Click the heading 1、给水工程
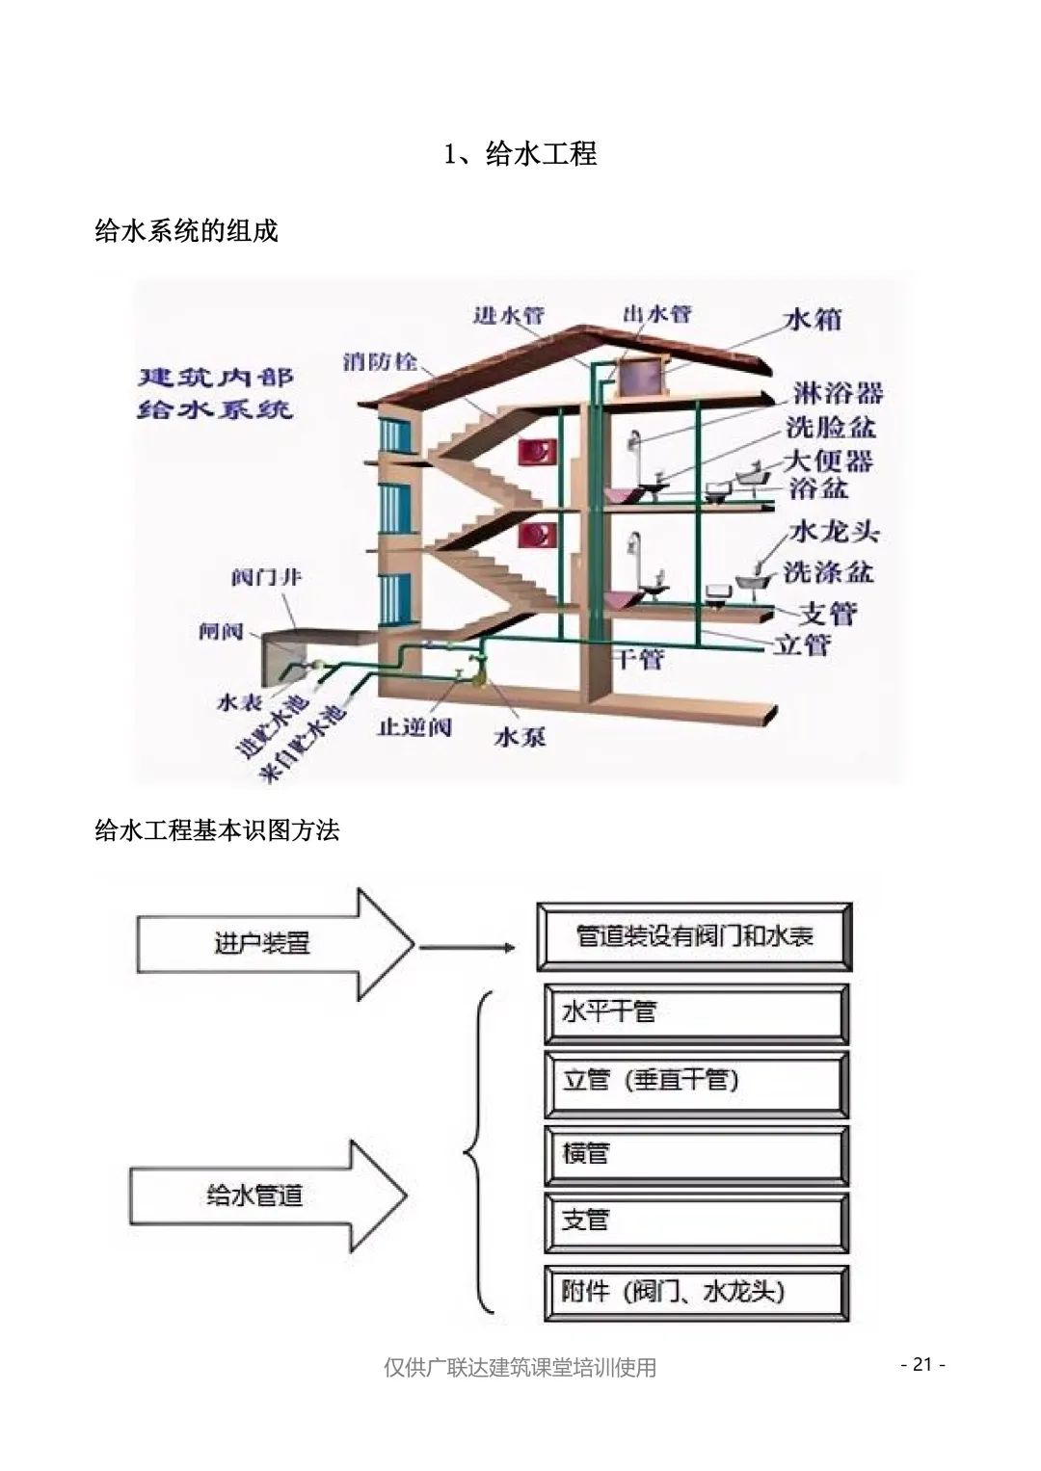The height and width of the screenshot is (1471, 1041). [x=520, y=154]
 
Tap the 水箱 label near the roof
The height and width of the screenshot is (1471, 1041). [x=814, y=319]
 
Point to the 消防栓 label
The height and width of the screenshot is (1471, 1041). [x=381, y=362]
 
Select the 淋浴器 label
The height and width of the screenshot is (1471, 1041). [x=838, y=393]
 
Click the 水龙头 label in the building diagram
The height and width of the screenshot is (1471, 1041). [x=835, y=532]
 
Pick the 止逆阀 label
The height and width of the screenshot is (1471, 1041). [x=414, y=726]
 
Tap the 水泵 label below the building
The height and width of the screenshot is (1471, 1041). [x=520, y=737]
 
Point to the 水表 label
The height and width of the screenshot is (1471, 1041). [x=240, y=702]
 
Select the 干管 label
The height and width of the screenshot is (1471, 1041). [x=638, y=659]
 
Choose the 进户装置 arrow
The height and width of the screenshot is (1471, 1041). [x=275, y=943]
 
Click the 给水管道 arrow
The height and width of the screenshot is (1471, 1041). [x=267, y=1196]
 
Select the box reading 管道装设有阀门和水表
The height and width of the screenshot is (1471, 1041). [x=695, y=936]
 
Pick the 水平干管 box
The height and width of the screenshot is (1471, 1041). [x=696, y=1013]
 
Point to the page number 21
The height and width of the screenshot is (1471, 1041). [x=922, y=1364]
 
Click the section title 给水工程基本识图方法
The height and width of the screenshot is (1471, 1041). [x=217, y=830]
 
